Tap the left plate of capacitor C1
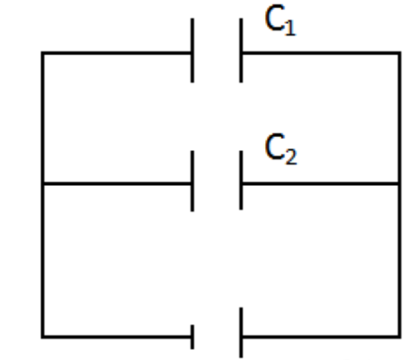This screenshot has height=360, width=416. (192, 52)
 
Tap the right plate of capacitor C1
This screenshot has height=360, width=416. (240, 52)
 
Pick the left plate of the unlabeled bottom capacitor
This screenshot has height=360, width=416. (192, 334)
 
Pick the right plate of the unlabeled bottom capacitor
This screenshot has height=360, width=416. (240, 334)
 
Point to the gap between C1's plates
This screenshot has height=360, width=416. (216, 52)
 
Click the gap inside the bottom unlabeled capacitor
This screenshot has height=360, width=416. (216, 334)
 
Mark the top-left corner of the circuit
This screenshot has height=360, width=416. (42, 53)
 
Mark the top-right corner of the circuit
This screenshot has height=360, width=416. (399, 53)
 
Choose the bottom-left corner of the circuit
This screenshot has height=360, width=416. (42, 334)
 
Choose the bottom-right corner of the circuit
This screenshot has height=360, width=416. (399, 334)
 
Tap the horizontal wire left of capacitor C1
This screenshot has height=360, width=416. (117, 53)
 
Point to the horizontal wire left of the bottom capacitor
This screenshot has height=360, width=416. (117, 334)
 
